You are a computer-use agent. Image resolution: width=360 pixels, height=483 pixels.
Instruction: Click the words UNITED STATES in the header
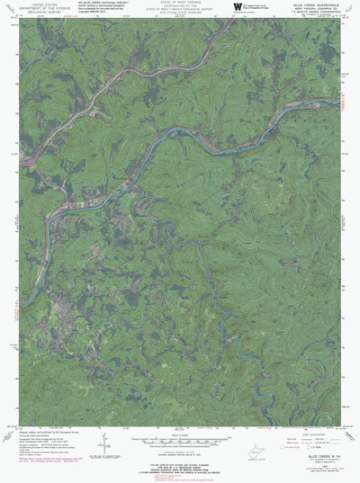coord(36,4)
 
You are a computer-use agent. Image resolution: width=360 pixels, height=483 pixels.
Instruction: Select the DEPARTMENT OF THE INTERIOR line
coord(36,9)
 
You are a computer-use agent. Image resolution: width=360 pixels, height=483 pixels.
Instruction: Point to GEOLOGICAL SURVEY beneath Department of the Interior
coord(36,13)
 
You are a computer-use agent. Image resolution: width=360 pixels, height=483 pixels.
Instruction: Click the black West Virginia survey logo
coord(238,7)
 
